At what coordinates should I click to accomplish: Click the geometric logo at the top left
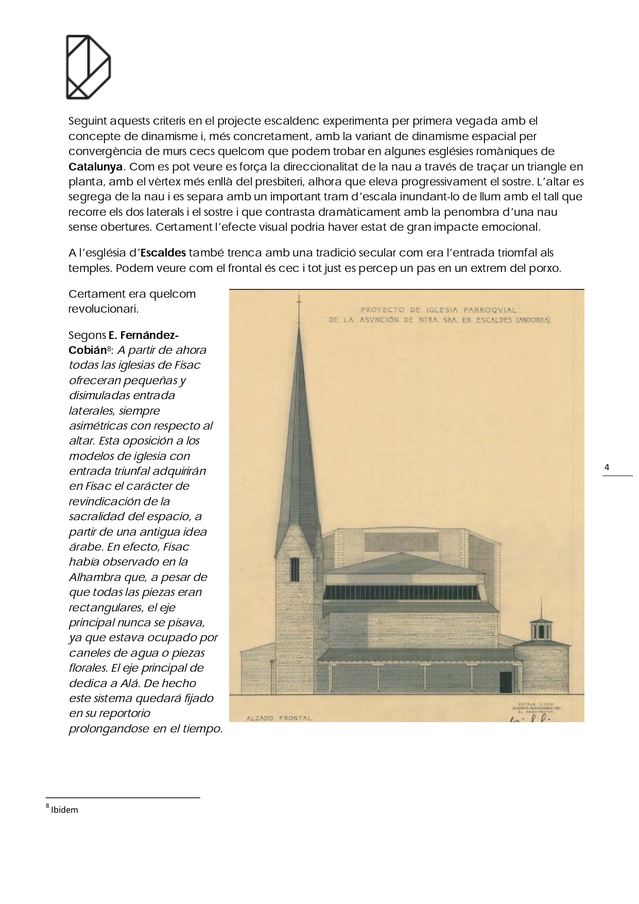88,66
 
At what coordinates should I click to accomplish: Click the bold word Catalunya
96,167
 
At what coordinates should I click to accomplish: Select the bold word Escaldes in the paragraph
163,253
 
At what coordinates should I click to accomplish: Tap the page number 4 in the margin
607,468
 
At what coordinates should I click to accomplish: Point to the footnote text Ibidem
65,810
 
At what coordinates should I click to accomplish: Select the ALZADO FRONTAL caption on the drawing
279,718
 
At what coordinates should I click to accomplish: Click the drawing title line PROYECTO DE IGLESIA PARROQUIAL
439,310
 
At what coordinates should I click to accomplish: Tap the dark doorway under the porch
506,682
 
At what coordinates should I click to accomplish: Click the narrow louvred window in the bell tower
295,569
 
